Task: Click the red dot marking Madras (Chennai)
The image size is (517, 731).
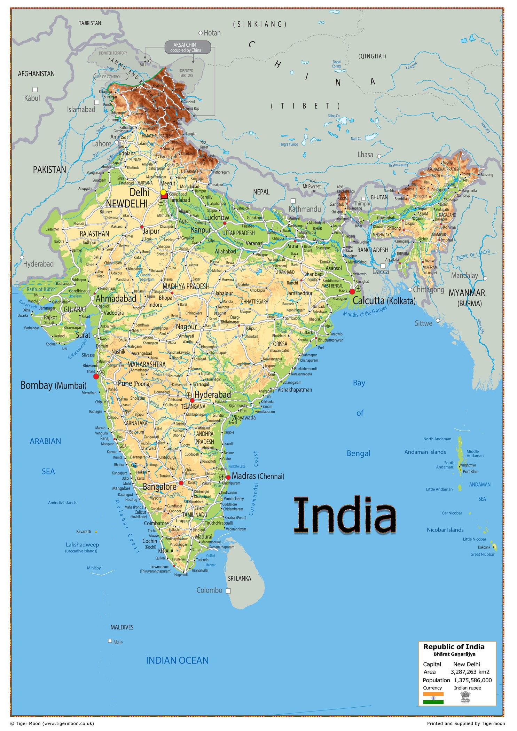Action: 228,477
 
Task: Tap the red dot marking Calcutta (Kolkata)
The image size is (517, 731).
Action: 352,291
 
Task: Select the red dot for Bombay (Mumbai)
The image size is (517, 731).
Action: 96,376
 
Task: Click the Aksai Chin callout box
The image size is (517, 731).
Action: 187,47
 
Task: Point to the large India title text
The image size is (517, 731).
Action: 345,515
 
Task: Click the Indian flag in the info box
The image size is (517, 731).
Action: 433,698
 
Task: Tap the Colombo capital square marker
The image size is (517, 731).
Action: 228,591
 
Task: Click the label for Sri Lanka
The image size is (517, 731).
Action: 239,578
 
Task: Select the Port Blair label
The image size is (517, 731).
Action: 470,471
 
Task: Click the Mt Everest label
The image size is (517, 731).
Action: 311,187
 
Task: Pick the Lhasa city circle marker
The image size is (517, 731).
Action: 379,156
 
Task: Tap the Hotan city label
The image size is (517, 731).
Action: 212,33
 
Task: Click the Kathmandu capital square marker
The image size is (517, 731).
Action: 293,201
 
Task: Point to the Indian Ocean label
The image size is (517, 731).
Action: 177,660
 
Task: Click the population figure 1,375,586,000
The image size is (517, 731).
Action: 472,680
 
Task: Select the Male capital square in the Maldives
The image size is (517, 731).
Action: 110,641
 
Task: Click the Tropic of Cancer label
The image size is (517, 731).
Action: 473,255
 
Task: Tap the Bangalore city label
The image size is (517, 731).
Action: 159,487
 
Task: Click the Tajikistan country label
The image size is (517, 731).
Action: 90,23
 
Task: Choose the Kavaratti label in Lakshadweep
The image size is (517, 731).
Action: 84,532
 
